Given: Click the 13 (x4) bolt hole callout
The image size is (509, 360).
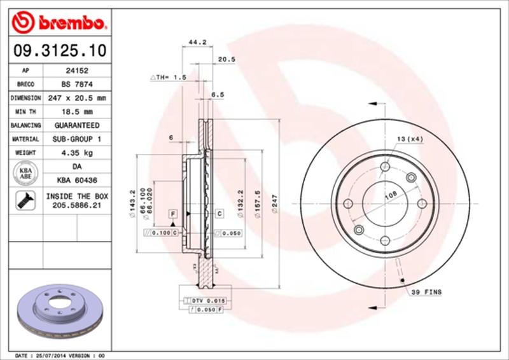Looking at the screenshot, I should (x=410, y=138).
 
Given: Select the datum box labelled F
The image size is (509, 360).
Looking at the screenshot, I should (x=172, y=213).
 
